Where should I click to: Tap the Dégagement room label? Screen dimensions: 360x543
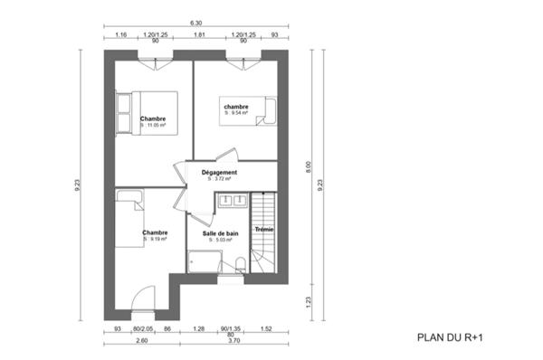point(219,173)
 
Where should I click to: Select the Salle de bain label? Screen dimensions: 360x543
point(222,233)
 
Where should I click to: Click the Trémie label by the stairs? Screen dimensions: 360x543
point(263,230)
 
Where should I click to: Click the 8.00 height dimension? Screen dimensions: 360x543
point(308,166)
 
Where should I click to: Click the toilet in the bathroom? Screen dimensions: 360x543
point(239,264)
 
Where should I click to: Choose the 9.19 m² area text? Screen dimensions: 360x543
point(155,240)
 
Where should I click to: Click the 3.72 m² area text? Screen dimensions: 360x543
point(218,179)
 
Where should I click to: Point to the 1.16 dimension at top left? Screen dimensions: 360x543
point(121,35)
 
